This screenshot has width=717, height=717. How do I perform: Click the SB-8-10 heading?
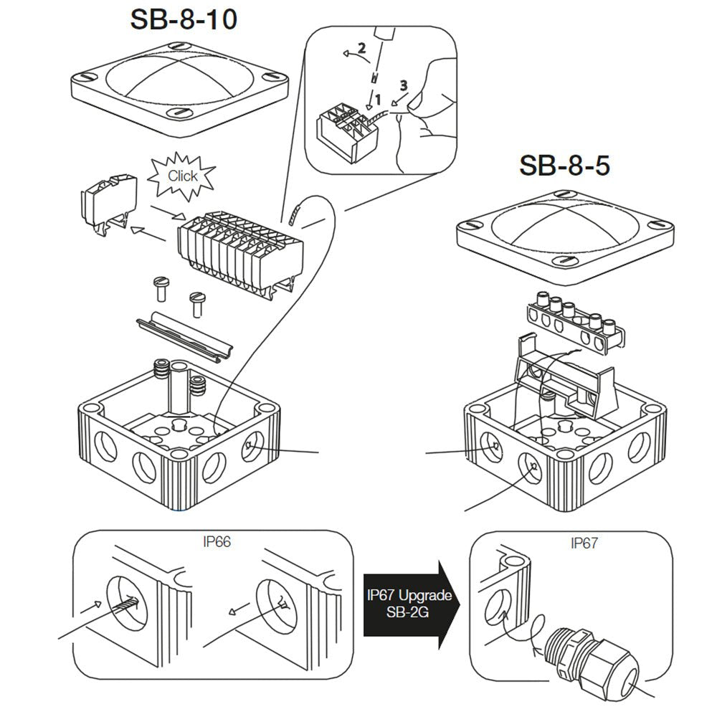point(184,21)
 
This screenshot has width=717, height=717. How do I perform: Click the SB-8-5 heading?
point(564,166)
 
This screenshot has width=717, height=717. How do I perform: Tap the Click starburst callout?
point(182,176)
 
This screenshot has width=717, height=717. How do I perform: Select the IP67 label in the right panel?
point(584,543)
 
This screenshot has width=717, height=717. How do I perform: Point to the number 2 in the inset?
point(362,49)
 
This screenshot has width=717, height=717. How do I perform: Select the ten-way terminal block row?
point(237,247)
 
